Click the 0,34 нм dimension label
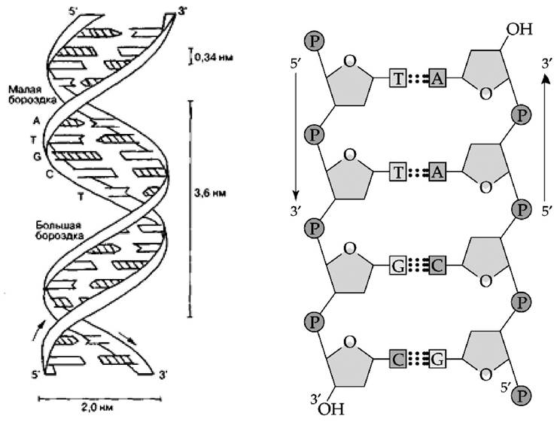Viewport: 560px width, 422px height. click(x=214, y=57)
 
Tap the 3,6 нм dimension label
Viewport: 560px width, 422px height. click(x=210, y=193)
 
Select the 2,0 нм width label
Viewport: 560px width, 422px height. click(x=97, y=408)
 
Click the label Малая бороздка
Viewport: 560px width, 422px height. click(x=32, y=94)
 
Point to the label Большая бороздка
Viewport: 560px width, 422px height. click(x=60, y=230)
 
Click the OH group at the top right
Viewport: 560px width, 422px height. click(x=519, y=29)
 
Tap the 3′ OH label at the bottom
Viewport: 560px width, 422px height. click(x=327, y=406)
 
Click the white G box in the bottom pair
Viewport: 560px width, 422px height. click(x=437, y=360)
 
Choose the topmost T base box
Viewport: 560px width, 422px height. click(x=398, y=77)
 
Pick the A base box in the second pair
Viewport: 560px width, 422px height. click(x=437, y=172)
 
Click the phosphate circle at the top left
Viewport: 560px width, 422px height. click(x=315, y=41)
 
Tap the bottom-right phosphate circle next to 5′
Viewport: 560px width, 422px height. click(x=521, y=396)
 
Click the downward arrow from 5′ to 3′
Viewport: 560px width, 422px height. click(x=296, y=140)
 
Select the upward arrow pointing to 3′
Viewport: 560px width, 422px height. click(x=545, y=138)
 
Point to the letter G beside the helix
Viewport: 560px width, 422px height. click(x=37, y=156)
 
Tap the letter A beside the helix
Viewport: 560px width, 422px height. click(x=36, y=121)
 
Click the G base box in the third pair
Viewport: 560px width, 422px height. click(x=398, y=266)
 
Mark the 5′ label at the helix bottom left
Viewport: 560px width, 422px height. click(x=36, y=375)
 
